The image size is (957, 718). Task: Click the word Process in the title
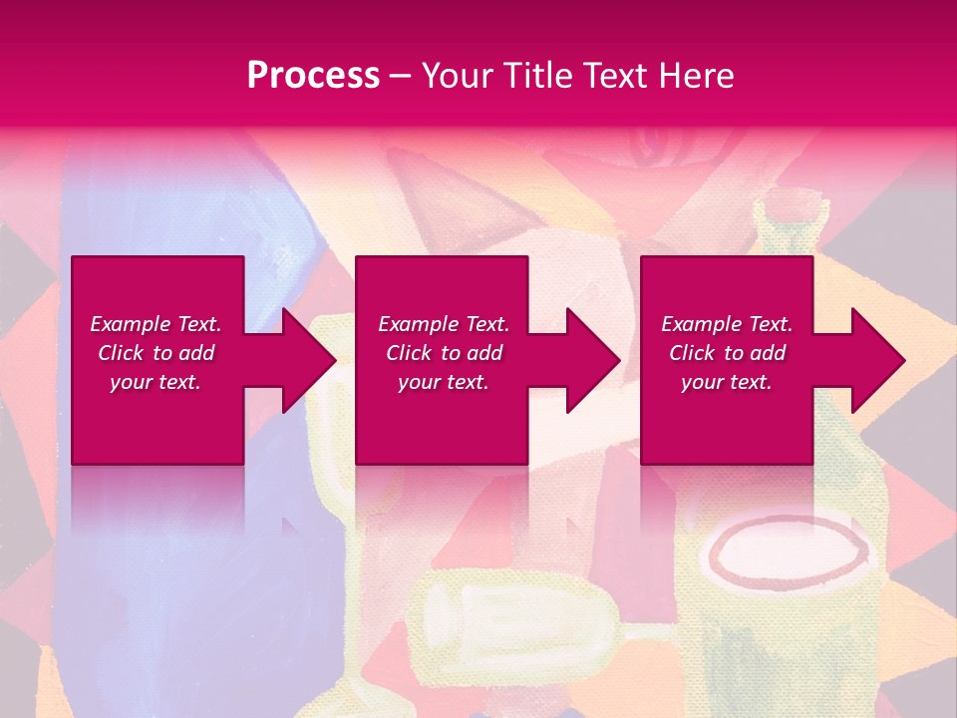click(x=313, y=76)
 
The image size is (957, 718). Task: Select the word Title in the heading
click(x=536, y=76)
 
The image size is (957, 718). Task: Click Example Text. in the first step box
click(x=156, y=324)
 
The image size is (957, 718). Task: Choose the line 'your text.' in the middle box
click(x=443, y=382)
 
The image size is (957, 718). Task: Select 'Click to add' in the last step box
click(x=727, y=353)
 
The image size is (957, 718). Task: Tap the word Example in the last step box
click(x=701, y=324)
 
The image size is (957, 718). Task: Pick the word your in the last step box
click(x=702, y=382)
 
